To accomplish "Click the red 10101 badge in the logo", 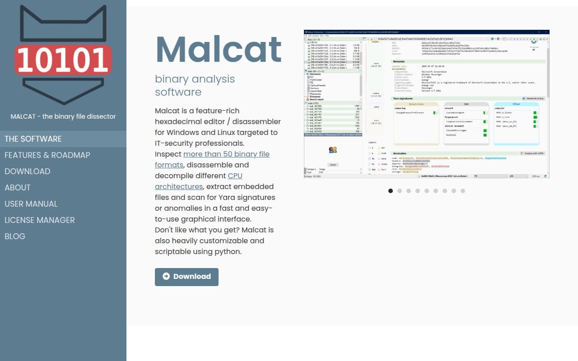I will coord(63,60).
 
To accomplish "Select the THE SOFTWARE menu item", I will coord(33,139).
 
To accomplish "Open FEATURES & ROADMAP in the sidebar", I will coord(47,155).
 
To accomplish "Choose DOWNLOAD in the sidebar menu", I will coord(28,171).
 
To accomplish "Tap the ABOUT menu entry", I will coord(18,188).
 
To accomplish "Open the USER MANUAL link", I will coord(31,204).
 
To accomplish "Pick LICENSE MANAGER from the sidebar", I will coord(40,220).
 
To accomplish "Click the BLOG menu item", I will coord(15,236).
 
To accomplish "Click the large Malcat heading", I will coord(219,49).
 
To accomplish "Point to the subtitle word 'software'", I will coord(178,92).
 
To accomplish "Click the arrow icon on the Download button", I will coord(166,277).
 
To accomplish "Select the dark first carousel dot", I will coord(391,191).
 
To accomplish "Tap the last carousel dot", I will coord(463,191).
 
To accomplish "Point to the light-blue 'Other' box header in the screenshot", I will coord(516,104).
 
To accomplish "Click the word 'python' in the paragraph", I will coord(229,252).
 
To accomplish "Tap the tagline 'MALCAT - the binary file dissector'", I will coord(63,116).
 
